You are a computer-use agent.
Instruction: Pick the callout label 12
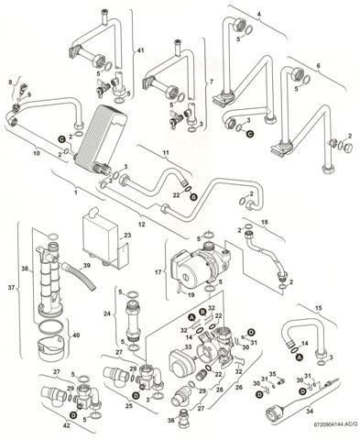point(142,224)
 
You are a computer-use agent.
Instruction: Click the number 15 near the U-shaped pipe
point(318,307)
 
